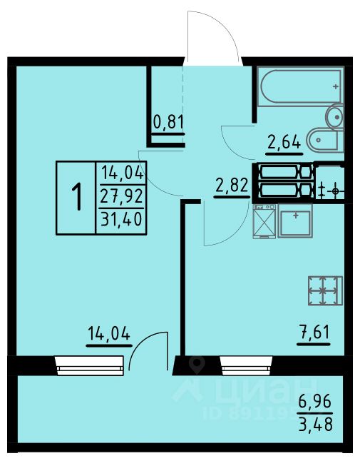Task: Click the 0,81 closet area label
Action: point(169,122)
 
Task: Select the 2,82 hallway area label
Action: point(232,186)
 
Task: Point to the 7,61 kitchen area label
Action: point(314,332)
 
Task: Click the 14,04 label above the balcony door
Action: point(109,334)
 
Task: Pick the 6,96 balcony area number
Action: point(315,401)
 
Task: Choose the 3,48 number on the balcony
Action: point(316,424)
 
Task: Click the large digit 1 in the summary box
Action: point(77,197)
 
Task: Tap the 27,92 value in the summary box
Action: point(122,196)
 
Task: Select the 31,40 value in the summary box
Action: point(122,219)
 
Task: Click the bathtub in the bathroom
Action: point(300,86)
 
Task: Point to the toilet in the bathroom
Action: point(324,140)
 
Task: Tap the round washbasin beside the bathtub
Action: point(335,116)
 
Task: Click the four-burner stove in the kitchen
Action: point(325,290)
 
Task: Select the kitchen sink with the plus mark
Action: point(295,221)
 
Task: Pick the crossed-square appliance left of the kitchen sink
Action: point(264,221)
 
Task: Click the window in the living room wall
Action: point(89,365)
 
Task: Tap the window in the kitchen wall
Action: point(246,365)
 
